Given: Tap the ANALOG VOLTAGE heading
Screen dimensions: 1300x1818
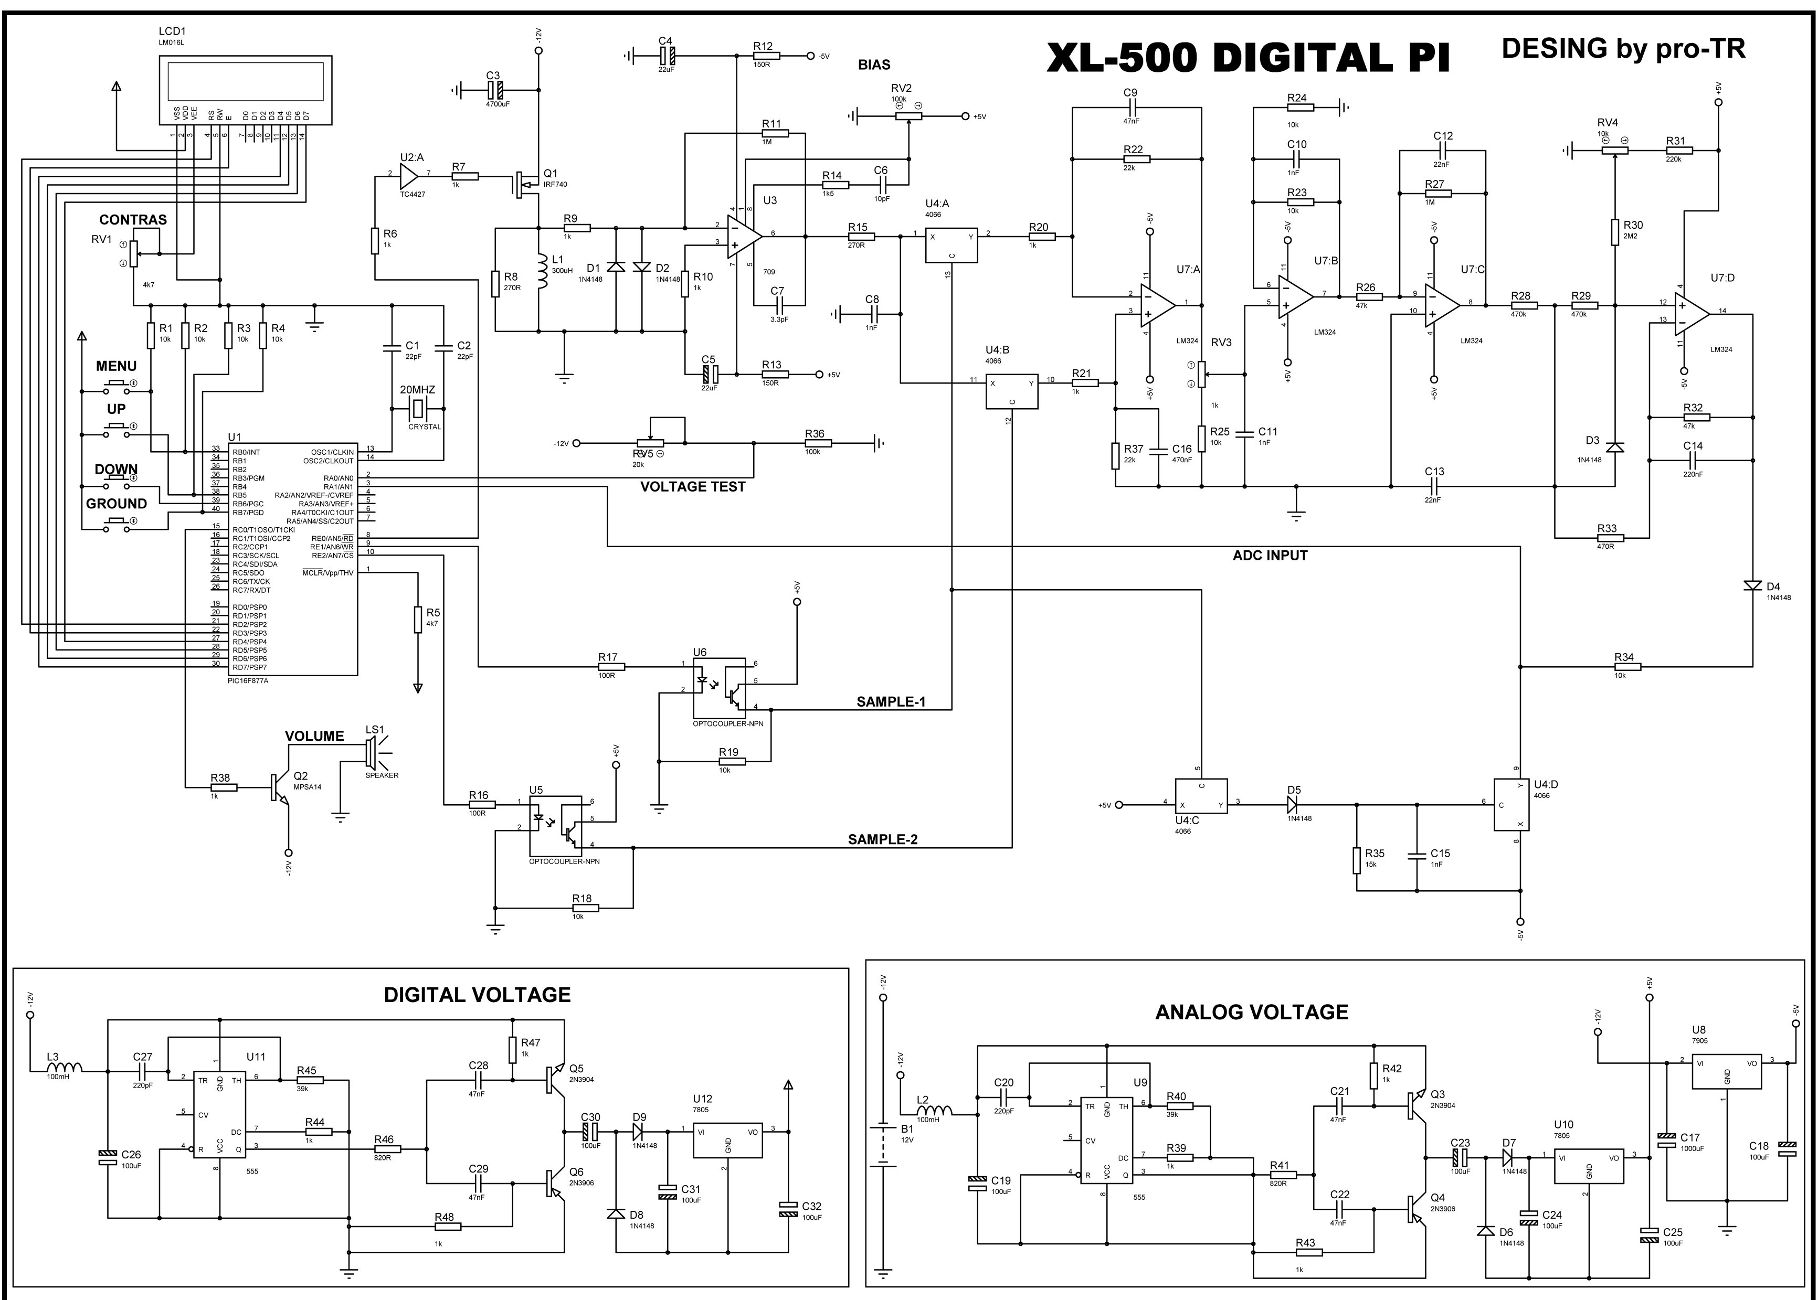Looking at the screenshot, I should [1251, 1013].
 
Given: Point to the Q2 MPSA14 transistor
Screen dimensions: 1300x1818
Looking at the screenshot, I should [279, 787].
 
